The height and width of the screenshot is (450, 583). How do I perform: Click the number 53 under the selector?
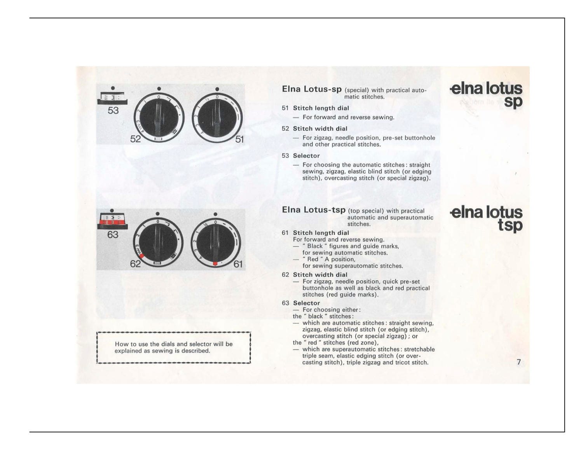pos(113,110)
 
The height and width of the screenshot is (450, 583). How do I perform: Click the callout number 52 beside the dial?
pos(135,139)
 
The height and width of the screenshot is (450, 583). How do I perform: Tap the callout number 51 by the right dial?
pos(239,139)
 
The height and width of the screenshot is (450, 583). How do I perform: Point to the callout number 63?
pos(113,235)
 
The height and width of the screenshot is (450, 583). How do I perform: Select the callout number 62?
pos(135,264)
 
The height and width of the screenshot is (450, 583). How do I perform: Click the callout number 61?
pos(238,264)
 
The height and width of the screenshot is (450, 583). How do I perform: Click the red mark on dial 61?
pos(215,263)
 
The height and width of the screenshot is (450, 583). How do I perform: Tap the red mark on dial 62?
pos(142,256)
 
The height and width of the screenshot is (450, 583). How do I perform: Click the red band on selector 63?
pos(112,222)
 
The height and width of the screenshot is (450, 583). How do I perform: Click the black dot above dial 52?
pos(159,89)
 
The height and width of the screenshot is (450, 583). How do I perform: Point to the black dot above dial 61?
pos(215,214)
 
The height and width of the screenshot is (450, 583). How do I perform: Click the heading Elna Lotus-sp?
pos(312,89)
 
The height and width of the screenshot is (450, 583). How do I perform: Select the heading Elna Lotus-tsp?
pos(313,210)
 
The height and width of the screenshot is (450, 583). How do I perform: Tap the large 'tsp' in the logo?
pos(510,225)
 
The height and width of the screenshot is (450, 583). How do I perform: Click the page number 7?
pos(518,362)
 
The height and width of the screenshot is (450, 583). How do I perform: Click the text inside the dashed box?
pos(173,347)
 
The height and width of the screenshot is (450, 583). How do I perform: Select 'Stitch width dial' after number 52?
pos(320,129)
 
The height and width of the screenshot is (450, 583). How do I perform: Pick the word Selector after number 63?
pos(306,303)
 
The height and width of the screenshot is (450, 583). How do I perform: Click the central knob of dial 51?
pos(217,117)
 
